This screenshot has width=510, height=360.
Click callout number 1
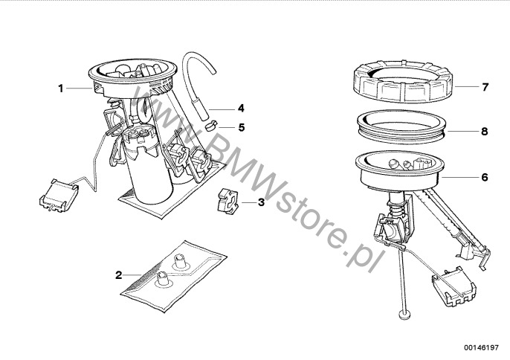(x=60, y=89)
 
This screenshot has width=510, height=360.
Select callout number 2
(x=119, y=275)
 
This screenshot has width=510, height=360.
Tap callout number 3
(x=261, y=202)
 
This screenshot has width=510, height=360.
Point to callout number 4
(x=241, y=108)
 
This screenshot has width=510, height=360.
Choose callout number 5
(x=242, y=127)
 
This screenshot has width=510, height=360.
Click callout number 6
(x=485, y=177)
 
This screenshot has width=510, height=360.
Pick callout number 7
(x=485, y=87)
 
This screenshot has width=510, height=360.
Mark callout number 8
(x=485, y=131)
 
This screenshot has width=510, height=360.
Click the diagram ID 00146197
(x=481, y=347)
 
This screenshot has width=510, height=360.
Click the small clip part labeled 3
(x=227, y=202)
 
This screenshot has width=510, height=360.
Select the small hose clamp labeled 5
(x=212, y=125)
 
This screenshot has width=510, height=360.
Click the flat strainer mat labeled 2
(x=174, y=275)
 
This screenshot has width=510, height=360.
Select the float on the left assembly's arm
(x=59, y=196)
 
